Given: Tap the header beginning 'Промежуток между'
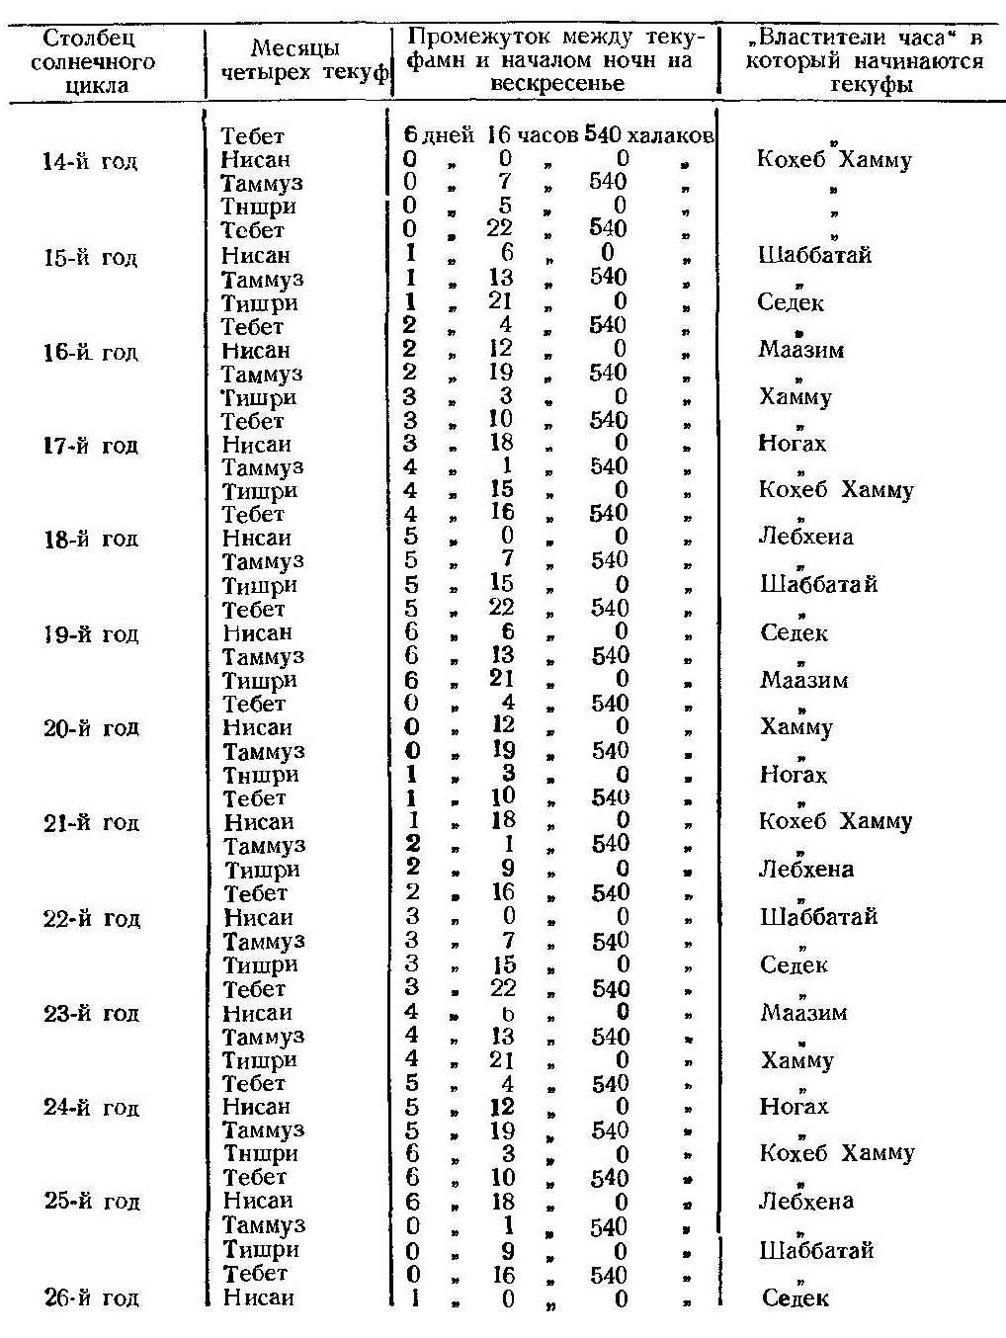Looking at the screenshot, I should tap(557, 61).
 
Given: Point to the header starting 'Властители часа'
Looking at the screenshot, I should tap(864, 61).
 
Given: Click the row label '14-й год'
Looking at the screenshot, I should tap(91, 161).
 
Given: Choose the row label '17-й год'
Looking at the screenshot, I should tap(91, 446).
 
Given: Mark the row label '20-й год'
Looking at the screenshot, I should tap(91, 729).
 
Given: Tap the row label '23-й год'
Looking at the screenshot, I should tap(91, 1014).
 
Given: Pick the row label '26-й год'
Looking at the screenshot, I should tap(91, 1298).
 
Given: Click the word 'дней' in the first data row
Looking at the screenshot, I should tap(449, 136).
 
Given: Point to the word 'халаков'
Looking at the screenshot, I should tap(670, 136).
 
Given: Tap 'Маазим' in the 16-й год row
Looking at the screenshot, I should tap(801, 350).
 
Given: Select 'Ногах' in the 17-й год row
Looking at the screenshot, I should tap(792, 445).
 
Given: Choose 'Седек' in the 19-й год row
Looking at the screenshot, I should tap(794, 633).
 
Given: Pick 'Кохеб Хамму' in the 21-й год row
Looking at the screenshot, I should tap(835, 822).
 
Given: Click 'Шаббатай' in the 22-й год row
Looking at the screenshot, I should tap(817, 917).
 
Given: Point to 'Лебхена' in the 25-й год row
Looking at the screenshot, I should tap(805, 1202).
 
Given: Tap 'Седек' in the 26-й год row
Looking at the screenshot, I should tap(795, 1298).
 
